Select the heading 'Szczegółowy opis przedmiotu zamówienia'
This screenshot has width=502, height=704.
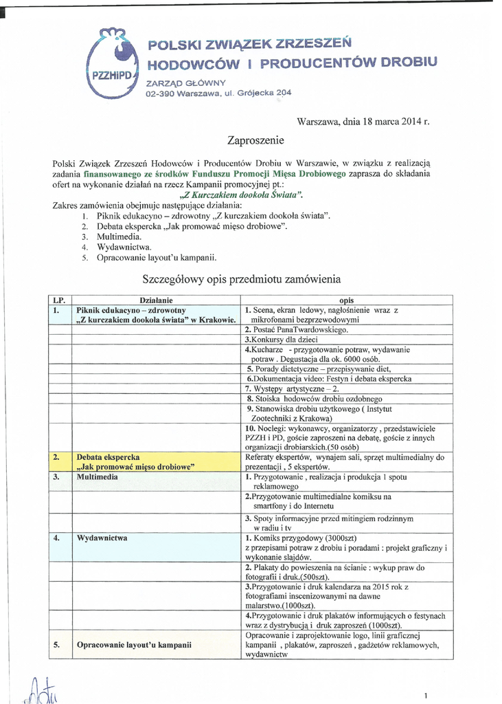click(x=241, y=280)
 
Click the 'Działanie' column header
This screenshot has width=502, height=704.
click(x=156, y=300)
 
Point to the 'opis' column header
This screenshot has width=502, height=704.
click(x=347, y=300)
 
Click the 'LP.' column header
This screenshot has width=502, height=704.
click(x=59, y=300)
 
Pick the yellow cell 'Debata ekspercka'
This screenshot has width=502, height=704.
click(x=109, y=456)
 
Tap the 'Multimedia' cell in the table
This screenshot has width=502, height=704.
click(x=97, y=476)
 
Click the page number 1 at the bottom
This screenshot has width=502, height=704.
click(x=426, y=696)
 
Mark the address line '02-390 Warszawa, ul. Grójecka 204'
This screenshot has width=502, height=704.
click(x=218, y=93)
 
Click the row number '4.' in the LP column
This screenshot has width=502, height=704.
click(x=57, y=538)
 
